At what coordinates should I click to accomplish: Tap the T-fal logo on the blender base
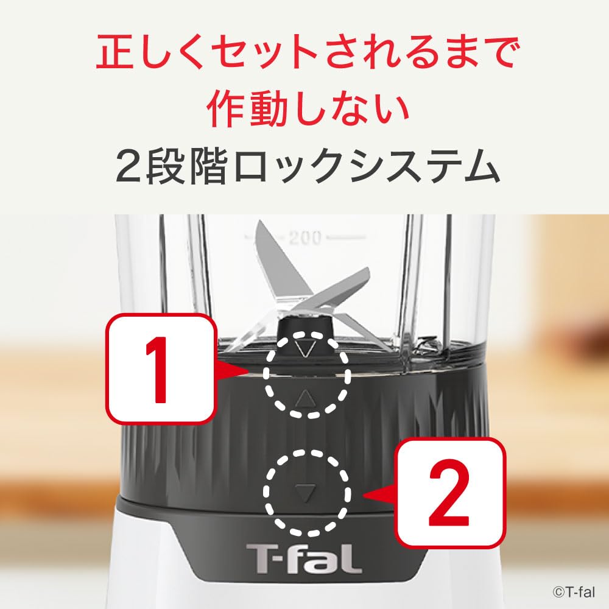(x=303, y=558)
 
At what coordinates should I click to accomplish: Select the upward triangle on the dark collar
(x=306, y=399)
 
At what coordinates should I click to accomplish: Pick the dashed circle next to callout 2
(x=306, y=490)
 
